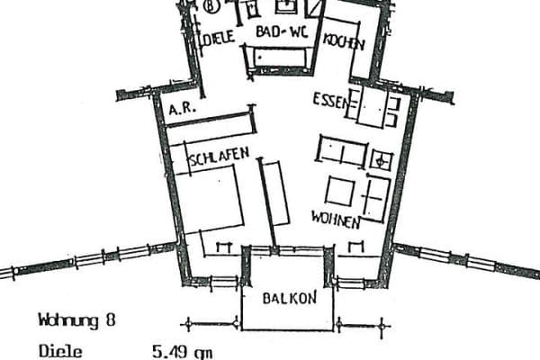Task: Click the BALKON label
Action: tap(288, 298)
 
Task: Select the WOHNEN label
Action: tap(336, 219)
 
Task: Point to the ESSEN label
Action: tap(329, 99)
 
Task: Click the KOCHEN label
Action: tap(343, 42)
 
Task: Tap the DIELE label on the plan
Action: tap(218, 38)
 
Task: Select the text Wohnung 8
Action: tap(76, 319)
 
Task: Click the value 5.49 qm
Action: tap(183, 352)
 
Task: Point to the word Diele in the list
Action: tap(60, 352)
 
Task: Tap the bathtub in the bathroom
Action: tap(283, 58)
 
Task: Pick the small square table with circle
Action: tap(381, 161)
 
